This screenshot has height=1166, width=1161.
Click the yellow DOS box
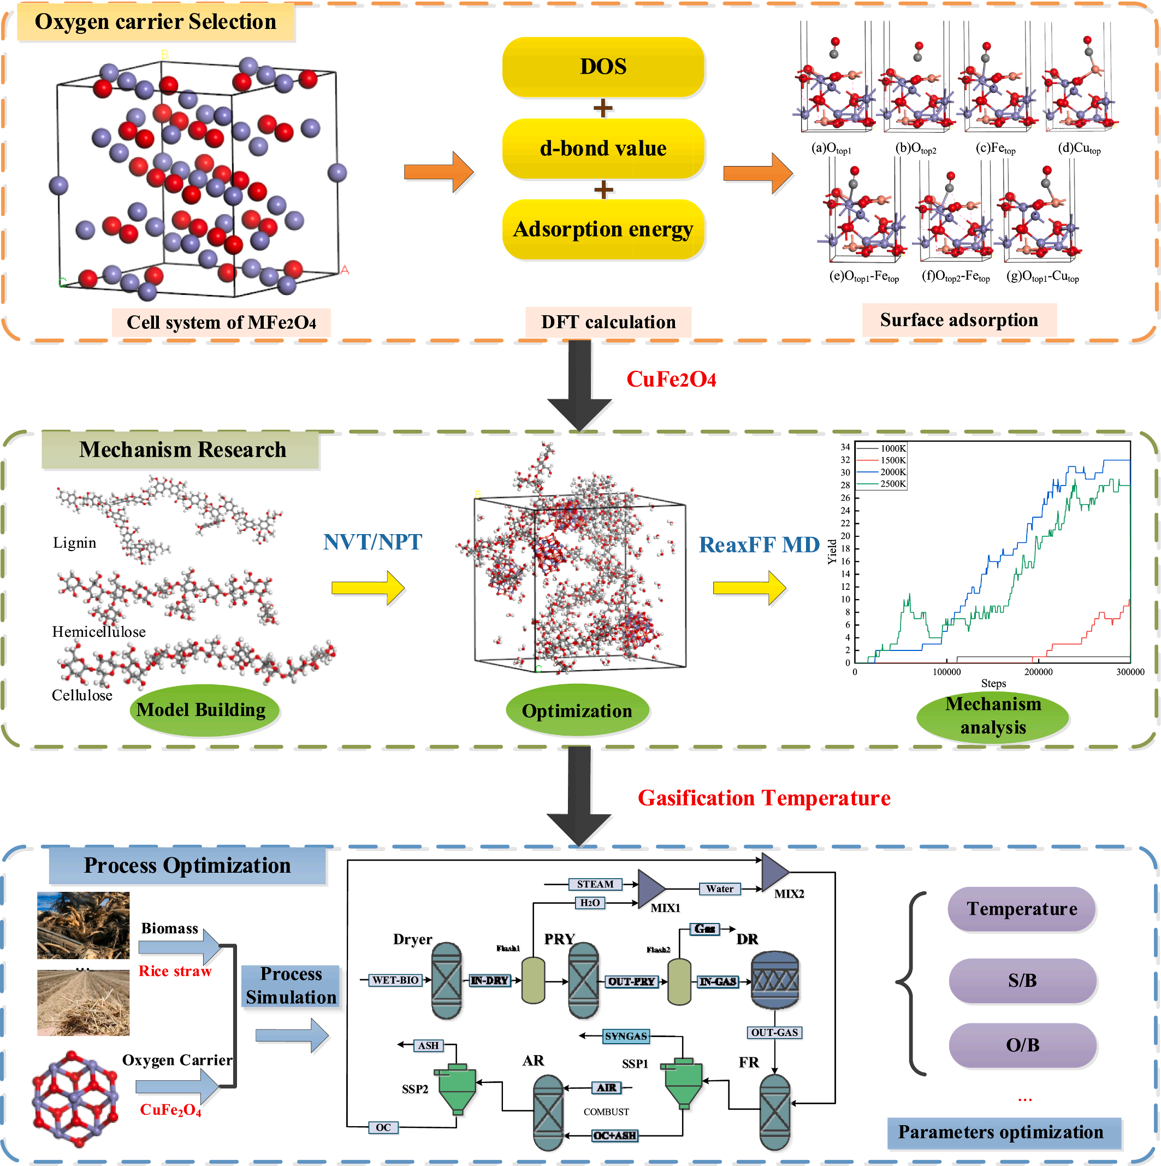click(x=603, y=67)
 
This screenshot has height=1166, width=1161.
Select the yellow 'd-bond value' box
click(x=603, y=148)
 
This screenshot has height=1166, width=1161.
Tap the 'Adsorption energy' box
click(x=603, y=229)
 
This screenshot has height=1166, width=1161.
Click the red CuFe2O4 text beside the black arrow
click(x=671, y=379)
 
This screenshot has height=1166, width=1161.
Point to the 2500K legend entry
click(x=892, y=483)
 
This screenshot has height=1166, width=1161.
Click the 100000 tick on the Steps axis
click(x=946, y=672)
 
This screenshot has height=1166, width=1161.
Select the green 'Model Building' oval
click(x=202, y=710)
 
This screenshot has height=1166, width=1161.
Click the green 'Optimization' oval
click(x=577, y=711)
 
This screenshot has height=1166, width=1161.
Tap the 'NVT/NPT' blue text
click(x=372, y=542)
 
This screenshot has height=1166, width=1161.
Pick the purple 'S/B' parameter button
click(x=1022, y=980)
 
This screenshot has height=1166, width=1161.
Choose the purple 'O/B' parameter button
click(x=1022, y=1045)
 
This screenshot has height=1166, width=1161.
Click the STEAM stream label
click(x=595, y=884)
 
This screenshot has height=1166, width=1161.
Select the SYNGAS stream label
click(x=626, y=1036)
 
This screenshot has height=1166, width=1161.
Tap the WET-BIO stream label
click(x=395, y=980)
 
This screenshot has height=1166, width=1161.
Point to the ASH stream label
click(x=429, y=1045)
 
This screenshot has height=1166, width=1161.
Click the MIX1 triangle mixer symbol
click(x=650, y=889)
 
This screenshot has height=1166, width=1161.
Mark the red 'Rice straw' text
click(x=175, y=971)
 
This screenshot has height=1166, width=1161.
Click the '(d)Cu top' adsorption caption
click(x=1079, y=149)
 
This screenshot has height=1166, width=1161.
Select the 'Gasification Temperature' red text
click(x=764, y=798)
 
